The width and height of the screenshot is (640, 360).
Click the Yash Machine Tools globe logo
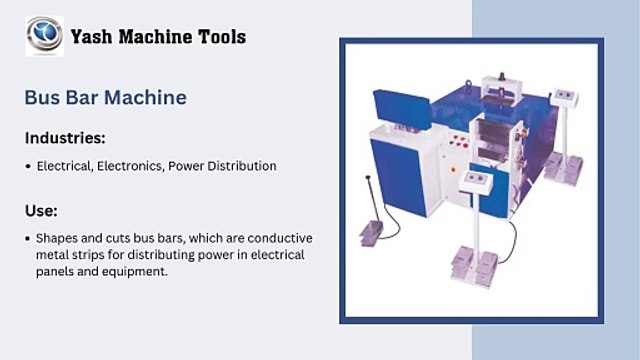click(44, 36)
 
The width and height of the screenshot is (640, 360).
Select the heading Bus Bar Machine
click(105, 97)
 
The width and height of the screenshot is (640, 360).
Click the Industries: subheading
click(65, 137)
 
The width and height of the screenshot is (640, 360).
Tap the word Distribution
click(241, 165)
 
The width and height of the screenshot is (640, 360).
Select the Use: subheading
click(41, 211)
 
